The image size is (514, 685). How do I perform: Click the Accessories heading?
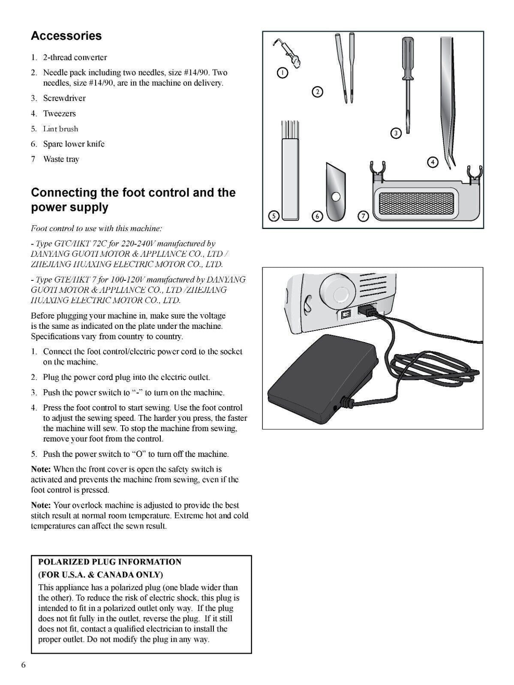coord(66,36)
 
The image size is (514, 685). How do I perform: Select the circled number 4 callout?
coord(433,162)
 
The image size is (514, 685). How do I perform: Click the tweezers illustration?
coord(448,98)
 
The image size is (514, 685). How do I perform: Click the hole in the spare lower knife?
coord(337,197)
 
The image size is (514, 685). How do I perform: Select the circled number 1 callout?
coord(282,73)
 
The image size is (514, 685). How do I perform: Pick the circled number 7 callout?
coord(363,216)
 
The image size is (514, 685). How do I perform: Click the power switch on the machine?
coord(346,314)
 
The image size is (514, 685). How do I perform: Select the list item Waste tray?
coord(61,159)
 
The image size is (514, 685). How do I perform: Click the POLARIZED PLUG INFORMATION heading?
coord(110,562)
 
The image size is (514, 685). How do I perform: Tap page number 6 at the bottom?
coord(24,665)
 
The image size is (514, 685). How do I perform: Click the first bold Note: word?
coord(41,469)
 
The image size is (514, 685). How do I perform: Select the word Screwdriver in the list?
coord(64,98)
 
